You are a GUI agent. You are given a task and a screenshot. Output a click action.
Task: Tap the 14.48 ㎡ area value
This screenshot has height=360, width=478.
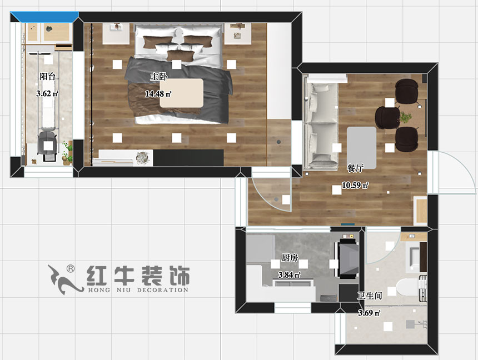158,94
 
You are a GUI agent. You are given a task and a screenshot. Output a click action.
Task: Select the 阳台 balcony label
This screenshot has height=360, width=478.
47,76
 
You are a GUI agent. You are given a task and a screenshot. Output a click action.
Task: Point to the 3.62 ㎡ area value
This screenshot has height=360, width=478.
47,94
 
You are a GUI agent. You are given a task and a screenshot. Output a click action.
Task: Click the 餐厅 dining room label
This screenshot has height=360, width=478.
355,168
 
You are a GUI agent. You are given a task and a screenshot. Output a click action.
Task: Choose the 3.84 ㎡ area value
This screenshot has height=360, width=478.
289,275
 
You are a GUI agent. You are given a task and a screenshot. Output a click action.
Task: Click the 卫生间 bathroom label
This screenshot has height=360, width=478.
369,296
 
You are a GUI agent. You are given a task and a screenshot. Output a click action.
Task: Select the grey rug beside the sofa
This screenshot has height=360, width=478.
362,147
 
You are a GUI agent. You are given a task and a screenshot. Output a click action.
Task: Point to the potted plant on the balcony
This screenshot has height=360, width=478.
68,152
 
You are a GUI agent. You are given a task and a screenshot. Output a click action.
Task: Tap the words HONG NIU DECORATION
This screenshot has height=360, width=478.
137,290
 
